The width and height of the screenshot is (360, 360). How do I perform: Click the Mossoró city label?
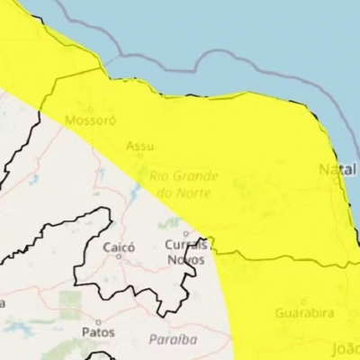tap(84, 121)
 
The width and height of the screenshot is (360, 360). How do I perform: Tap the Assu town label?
tap(139, 145)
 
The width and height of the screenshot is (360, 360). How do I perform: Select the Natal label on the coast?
tap(336, 169)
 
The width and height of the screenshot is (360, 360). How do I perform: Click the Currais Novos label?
tap(186, 252)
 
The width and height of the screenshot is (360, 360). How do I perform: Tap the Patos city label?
tap(98, 332)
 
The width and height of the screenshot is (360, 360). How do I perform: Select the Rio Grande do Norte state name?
tap(183, 184)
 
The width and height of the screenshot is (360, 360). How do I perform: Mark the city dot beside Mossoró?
tap(89, 109)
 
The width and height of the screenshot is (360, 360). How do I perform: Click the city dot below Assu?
tap(139, 157)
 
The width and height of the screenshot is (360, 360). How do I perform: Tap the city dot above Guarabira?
tap(302, 301)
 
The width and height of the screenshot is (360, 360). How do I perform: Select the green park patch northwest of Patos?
tap(69, 302)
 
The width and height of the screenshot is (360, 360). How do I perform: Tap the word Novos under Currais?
tap(186, 260)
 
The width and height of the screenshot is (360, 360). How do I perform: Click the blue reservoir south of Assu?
tap(137, 190)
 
